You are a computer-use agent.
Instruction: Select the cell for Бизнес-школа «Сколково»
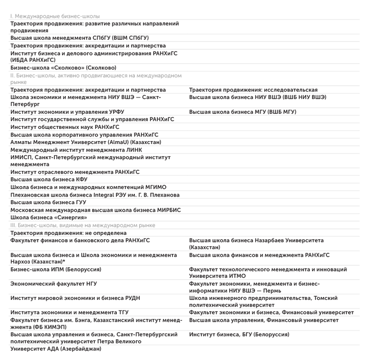coord(63,68)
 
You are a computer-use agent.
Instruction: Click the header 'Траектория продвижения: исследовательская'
coord(253,90)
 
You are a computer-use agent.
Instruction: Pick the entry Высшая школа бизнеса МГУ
coord(242,112)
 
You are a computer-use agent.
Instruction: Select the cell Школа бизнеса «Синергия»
coord(49,217)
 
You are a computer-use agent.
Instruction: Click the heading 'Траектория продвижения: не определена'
coord(69,233)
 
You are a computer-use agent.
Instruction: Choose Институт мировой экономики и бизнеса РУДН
coord(75,298)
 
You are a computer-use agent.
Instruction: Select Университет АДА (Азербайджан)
coord(56,349)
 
